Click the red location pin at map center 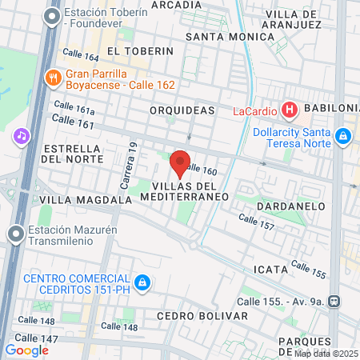point(180,162)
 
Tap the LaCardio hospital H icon point(290,110)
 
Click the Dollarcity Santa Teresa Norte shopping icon point(345,138)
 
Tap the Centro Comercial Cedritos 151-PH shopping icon point(142,282)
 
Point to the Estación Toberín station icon point(54,15)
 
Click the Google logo point(26,350)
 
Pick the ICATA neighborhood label point(269,269)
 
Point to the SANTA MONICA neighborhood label point(230,37)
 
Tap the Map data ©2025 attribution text point(326,354)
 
